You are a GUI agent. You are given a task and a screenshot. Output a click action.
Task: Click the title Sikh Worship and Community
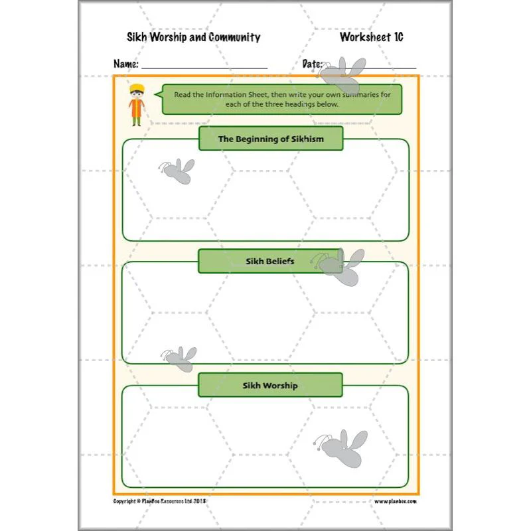pos(193,37)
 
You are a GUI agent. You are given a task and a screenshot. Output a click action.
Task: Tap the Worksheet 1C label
pos(372,37)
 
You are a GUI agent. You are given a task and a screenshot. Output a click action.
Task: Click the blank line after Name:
pos(204,68)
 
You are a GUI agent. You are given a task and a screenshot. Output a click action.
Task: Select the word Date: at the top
pos(312,64)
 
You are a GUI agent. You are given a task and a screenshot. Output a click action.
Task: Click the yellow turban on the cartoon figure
pos(137,88)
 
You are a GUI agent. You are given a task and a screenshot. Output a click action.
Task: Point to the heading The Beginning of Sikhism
pos(271,139)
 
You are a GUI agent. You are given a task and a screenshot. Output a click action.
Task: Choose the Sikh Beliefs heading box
pos(270,261)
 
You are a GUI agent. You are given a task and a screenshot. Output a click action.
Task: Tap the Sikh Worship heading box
pos(270,385)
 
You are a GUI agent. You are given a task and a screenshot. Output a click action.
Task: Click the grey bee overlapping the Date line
pos(342,75)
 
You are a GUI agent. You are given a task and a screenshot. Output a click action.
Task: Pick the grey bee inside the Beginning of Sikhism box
pos(177,171)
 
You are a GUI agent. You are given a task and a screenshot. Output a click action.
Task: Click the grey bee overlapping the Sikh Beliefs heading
pos(339,267)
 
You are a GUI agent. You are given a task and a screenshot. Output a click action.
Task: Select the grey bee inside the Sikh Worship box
pos(342,448)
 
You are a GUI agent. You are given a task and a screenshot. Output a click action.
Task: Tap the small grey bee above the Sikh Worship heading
pos(179,359)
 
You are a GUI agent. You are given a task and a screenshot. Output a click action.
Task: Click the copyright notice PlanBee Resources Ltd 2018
pos(159,501)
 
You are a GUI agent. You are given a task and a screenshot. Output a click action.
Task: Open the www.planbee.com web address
pos(395,501)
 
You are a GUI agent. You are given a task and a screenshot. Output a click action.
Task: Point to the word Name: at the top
pos(126,64)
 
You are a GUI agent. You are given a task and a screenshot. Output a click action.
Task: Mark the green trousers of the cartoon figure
pos(137,121)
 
